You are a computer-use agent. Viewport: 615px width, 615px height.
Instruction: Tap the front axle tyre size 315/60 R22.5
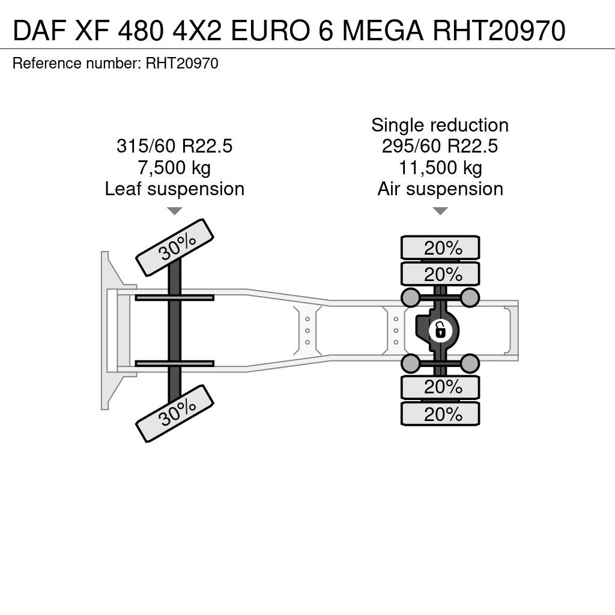175,147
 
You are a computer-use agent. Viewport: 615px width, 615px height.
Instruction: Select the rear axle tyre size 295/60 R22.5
440,147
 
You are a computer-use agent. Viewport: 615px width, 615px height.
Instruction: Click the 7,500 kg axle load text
174,168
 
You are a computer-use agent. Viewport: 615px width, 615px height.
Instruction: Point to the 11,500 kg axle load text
440,168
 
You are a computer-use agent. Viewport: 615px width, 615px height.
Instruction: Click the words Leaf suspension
175,189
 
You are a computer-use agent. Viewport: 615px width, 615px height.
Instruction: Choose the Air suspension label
440,189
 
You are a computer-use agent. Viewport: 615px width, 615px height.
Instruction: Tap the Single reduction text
440,125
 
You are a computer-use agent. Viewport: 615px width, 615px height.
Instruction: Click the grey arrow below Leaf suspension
175,211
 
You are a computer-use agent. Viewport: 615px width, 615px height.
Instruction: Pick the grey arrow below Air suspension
440,211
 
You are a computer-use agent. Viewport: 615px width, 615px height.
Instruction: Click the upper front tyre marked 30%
175,247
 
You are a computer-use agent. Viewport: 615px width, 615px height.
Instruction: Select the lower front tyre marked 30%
175,413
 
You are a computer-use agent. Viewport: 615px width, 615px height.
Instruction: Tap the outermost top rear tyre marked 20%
440,248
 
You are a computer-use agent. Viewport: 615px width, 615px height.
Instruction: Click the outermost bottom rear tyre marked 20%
440,414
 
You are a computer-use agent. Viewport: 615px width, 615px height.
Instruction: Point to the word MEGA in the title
383,31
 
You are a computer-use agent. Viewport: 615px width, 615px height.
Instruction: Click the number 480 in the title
140,31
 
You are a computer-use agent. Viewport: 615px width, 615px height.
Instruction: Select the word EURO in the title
270,31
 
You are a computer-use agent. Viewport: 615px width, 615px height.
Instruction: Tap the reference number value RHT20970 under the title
182,63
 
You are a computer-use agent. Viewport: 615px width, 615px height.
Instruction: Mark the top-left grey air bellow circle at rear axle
411,297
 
